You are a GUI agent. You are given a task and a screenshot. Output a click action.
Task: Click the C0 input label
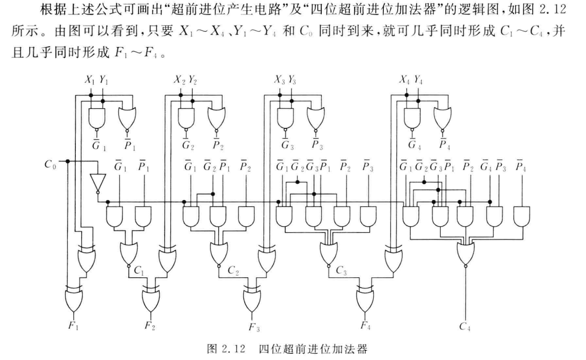click(x=50, y=165)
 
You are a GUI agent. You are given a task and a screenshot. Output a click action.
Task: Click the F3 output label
click(x=252, y=327)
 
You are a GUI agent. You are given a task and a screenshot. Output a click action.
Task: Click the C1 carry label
click(x=138, y=269)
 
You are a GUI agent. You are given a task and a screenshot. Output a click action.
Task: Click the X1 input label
click(x=90, y=80)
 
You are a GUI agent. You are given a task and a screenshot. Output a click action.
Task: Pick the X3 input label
click(x=280, y=80)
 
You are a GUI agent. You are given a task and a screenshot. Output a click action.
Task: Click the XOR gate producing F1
click(x=72, y=299)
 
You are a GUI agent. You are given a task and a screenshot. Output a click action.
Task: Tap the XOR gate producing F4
click(x=365, y=299)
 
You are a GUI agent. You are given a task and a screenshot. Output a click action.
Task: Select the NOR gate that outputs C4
click(x=466, y=252)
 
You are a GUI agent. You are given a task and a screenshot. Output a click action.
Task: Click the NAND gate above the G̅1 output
click(x=96, y=119)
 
